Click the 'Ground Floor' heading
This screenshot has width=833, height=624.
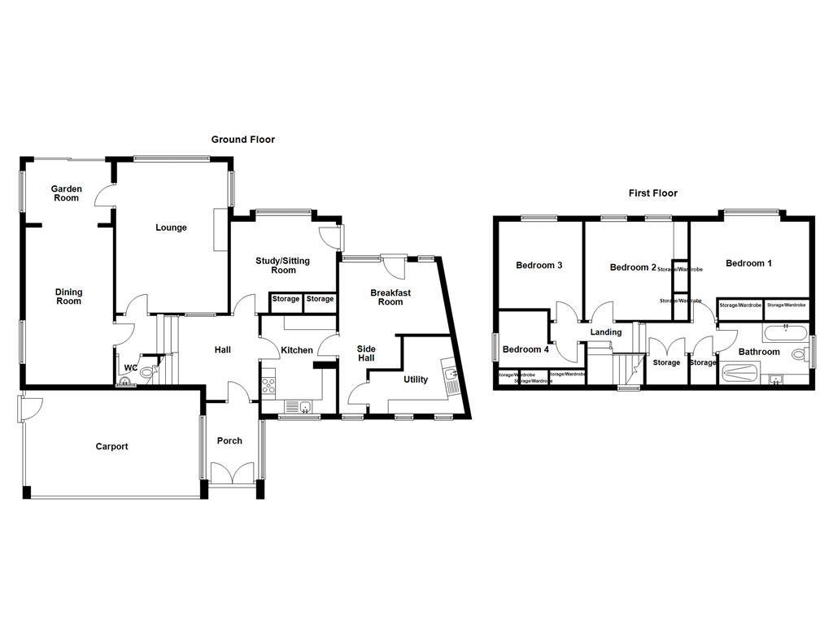tap(243, 140)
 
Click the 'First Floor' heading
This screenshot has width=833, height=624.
tap(652, 193)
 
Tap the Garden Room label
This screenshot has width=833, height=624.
tap(67, 193)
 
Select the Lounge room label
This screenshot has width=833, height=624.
tap(172, 227)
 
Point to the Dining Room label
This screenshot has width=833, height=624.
tap(69, 297)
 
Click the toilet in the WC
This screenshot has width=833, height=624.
tap(148, 373)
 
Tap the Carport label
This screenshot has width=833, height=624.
tap(111, 446)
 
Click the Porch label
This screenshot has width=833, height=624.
tap(229, 441)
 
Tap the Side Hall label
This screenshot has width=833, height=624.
tap(366, 353)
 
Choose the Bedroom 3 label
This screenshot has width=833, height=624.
tap(539, 266)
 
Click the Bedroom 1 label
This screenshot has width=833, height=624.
tap(749, 263)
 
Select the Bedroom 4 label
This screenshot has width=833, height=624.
tap(526, 349)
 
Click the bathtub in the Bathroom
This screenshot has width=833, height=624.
tap(785, 332)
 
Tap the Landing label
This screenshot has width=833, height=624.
tap(606, 332)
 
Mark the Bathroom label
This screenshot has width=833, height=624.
tap(759, 353)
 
